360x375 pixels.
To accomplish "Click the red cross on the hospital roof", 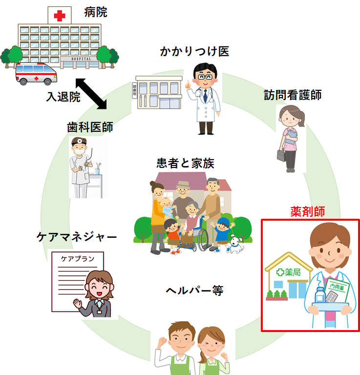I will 60,16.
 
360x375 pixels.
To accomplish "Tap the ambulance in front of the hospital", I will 36,74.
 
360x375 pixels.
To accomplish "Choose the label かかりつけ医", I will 194,51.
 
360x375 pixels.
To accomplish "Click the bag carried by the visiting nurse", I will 281,155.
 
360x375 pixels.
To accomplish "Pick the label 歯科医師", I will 90,127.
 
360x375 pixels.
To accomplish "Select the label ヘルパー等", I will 194,291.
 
